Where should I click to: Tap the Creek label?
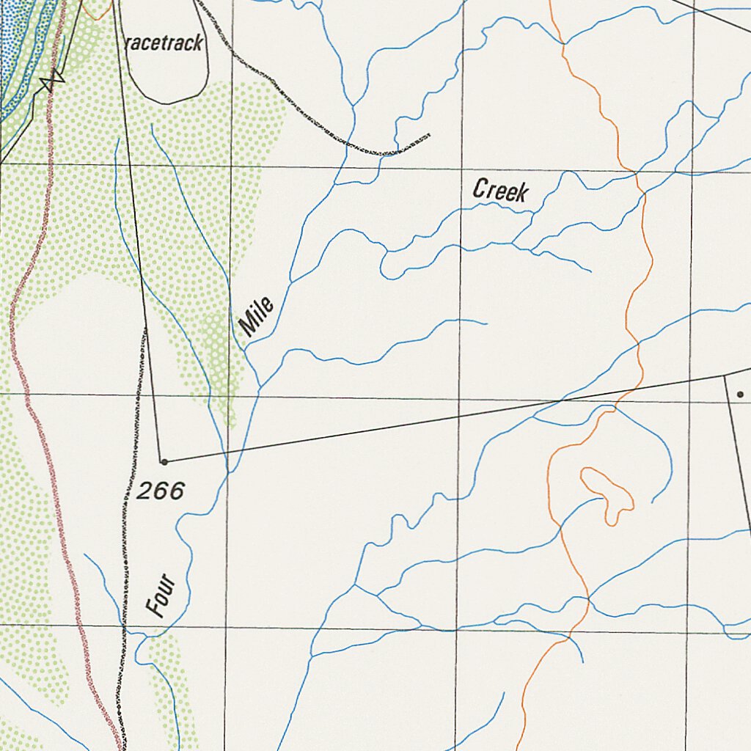click(x=500, y=191)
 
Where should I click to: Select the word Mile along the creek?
click(x=257, y=316)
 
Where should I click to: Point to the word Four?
click(x=161, y=595)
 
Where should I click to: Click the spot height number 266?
click(x=160, y=491)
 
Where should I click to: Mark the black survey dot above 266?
click(x=164, y=462)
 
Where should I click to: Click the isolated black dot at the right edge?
click(x=740, y=395)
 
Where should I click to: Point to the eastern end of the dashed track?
click(x=428, y=135)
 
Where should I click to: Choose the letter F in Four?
click(x=156, y=609)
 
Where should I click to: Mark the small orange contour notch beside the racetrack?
click(x=95, y=10)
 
